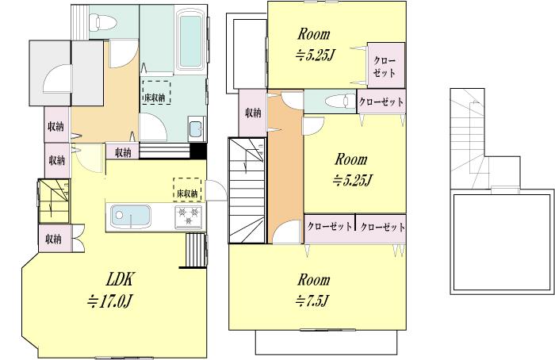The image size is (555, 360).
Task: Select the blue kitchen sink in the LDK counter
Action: [x=127, y=215]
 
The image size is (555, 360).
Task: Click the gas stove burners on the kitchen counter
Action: [x=188, y=215]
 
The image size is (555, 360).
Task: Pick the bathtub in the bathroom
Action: [x=188, y=40]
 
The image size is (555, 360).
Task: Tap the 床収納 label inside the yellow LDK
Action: [x=186, y=193]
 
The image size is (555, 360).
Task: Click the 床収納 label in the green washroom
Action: [x=155, y=98]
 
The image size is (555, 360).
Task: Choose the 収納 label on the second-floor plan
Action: [x=252, y=113]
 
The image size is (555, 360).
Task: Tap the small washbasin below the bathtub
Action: [x=195, y=128]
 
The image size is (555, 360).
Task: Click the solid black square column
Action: [x=199, y=152]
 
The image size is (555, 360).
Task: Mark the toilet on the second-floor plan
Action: [x=338, y=101]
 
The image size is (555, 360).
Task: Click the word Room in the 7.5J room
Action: [x=314, y=280]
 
